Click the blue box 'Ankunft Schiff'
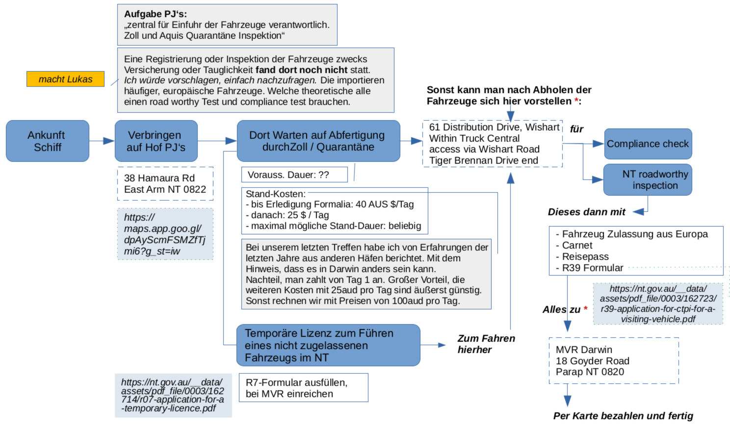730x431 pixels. pos(47,141)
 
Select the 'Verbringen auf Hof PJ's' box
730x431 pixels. pos(156,141)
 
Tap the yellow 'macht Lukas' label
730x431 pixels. pos(65,79)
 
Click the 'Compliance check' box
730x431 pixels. pos(648,144)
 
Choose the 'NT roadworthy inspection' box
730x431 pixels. pos(648,179)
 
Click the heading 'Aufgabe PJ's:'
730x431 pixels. pos(155,14)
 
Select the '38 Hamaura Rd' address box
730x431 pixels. pos(165,184)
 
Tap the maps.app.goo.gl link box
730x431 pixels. pos(165,234)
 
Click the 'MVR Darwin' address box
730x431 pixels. pos(613,360)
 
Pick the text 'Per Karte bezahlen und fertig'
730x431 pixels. pos(623,416)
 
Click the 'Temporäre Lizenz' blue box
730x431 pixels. pos(328,345)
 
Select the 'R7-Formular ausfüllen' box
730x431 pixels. pos(303,388)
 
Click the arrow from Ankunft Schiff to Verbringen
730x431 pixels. pos(102,141)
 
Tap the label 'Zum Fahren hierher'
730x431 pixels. pos(486,344)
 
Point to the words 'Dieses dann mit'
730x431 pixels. pos(586,212)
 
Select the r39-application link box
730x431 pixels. pos(657,304)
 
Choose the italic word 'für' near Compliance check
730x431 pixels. pos(576,129)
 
